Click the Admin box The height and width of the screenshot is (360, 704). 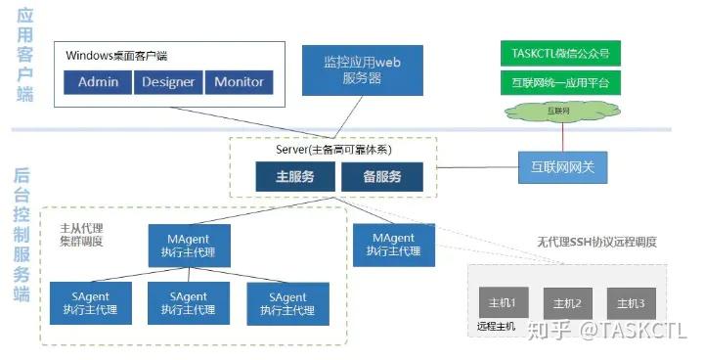tap(98, 81)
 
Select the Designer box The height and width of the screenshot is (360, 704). tap(168, 81)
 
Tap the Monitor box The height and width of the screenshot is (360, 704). tap(239, 81)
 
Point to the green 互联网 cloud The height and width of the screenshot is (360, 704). tap(559, 112)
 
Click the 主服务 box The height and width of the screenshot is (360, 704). tap(294, 177)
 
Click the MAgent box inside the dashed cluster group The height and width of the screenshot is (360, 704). tap(189, 245)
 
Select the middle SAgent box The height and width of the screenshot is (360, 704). tap(188, 303)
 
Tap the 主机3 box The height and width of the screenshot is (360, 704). tap(625, 301)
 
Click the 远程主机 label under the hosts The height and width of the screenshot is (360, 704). tap(497, 326)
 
